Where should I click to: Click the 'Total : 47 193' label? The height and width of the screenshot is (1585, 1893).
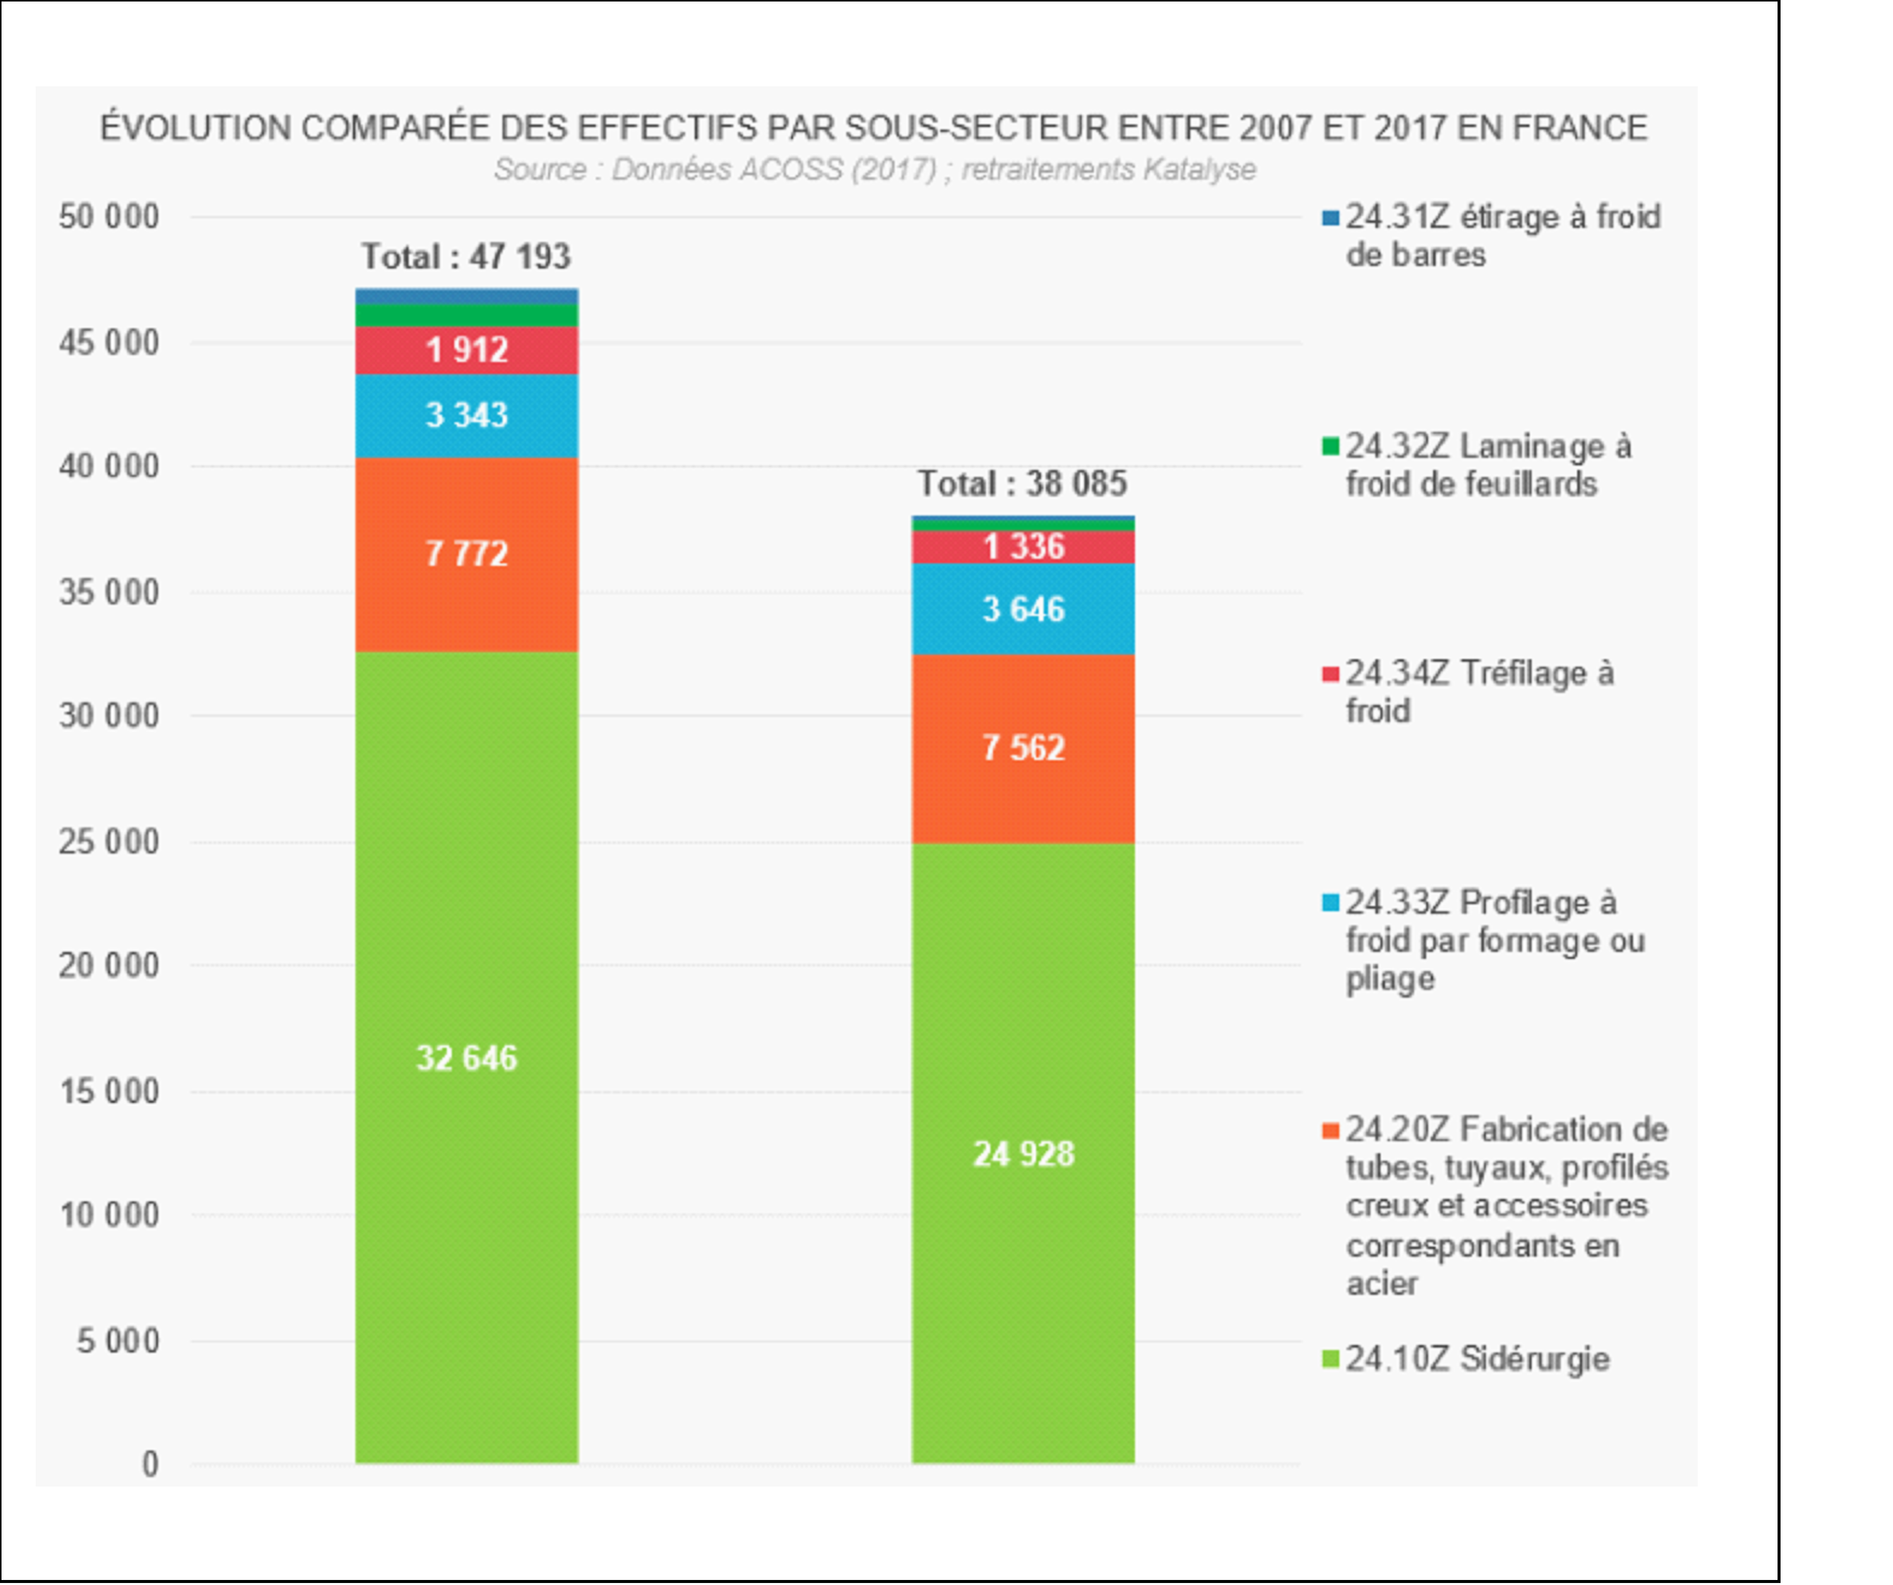(466, 257)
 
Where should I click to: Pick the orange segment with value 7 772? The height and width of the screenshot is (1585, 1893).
(466, 554)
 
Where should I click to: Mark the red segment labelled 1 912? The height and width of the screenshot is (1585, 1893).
(466, 350)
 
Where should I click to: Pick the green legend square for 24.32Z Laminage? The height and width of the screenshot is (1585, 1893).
(1330, 446)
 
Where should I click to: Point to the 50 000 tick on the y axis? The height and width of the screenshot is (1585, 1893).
(109, 217)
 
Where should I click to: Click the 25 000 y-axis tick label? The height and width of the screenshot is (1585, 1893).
(109, 842)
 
